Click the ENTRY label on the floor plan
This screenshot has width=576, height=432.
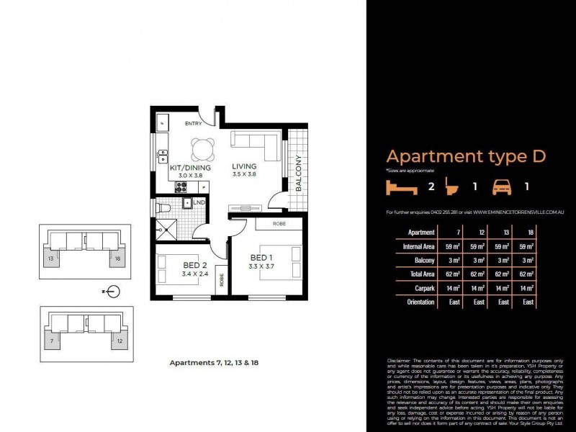pos(193,124)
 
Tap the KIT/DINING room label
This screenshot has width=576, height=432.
pos(190,168)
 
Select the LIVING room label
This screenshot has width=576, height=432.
pos(244,168)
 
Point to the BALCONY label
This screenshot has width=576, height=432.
pos(298,173)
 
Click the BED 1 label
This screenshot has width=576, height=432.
pos(261,258)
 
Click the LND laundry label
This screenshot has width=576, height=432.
pos(199,203)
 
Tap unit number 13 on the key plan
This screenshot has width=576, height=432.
pos(51,257)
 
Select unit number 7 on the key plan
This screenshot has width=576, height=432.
pos(51,339)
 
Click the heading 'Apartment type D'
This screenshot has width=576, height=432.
pos(466,156)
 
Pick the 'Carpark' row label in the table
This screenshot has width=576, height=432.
pos(422,288)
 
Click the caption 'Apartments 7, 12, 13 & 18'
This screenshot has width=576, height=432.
pos(214,363)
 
